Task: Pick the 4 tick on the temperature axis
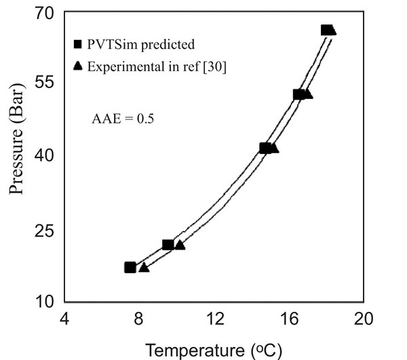point(64,319)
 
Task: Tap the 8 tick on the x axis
point(138,319)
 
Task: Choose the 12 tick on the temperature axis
point(215,319)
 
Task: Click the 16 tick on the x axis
point(290,319)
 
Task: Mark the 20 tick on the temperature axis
point(364,319)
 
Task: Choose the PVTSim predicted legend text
point(139,45)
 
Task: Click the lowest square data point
point(130,267)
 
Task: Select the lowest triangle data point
point(144,268)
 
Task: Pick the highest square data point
point(326,30)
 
